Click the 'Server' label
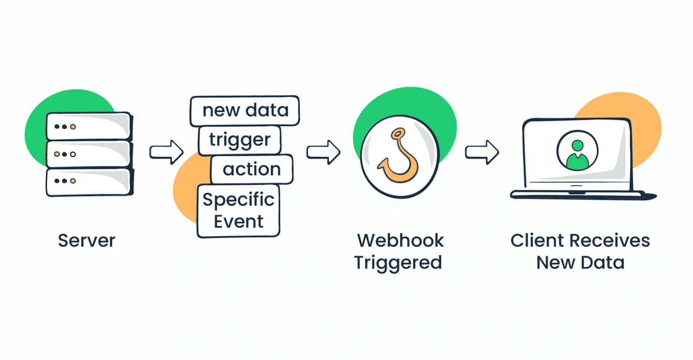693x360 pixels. coord(87,240)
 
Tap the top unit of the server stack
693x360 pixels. coord(89,126)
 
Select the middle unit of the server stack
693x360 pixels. coord(89,154)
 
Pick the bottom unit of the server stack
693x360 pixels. coord(89,181)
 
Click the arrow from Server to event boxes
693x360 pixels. coord(166,152)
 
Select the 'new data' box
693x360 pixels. coord(245,110)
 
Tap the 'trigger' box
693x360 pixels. coord(239,140)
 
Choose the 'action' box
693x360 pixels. coord(251,169)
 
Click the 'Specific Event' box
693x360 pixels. coord(238,210)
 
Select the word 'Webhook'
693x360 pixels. coord(400,240)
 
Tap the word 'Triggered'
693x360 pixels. coord(398,262)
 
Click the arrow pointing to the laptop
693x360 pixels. coord(482,152)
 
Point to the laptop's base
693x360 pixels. coord(581,194)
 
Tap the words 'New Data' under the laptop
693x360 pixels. coord(580,262)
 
